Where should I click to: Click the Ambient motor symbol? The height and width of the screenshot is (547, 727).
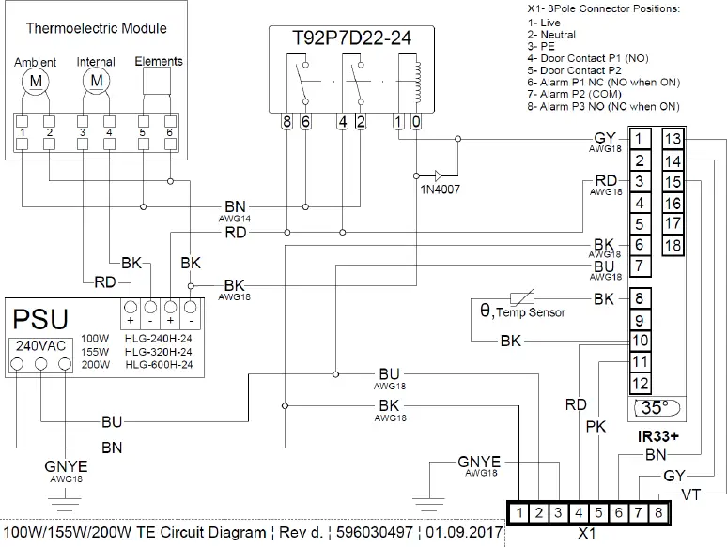pyautogui.click(x=36, y=83)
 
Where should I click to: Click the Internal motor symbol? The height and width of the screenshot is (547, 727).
pyautogui.click(x=96, y=83)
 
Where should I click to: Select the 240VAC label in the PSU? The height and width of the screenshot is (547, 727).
pyautogui.click(x=39, y=344)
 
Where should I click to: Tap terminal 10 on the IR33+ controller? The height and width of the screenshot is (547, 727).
pyautogui.click(x=640, y=341)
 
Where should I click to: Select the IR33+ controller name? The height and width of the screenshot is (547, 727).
pyautogui.click(x=657, y=437)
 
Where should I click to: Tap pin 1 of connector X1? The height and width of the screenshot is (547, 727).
pyautogui.click(x=518, y=513)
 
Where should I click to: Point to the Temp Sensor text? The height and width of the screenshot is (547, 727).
pyautogui.click(x=531, y=311)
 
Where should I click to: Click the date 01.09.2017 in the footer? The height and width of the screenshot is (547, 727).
pyautogui.click(x=463, y=533)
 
